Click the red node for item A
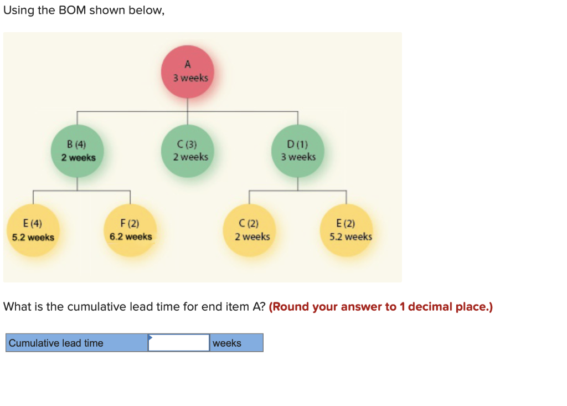[x=187, y=71]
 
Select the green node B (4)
[x=78, y=151]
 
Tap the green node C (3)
[x=188, y=151]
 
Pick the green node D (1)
[x=298, y=151]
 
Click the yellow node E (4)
[x=33, y=230]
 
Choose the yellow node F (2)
[x=130, y=230]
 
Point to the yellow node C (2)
[x=250, y=230]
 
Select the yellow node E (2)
[x=347, y=230]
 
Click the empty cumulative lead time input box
[x=179, y=343]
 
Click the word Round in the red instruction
[x=288, y=307]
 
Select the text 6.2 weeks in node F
[x=131, y=237]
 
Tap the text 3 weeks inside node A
[x=190, y=78]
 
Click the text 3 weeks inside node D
[x=298, y=157]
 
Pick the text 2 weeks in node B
[x=78, y=158]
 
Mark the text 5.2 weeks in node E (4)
[x=33, y=238]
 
